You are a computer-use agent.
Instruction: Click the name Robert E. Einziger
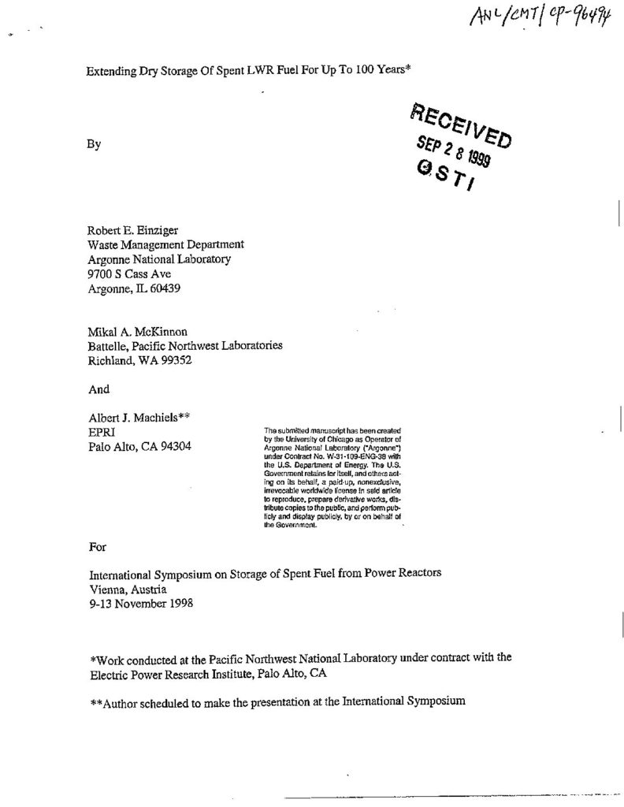click(133, 231)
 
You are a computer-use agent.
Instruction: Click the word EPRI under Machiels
click(102, 433)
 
